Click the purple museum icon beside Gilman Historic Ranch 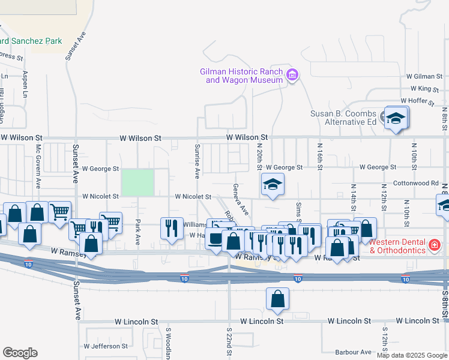click(293, 75)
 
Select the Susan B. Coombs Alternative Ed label click(343, 118)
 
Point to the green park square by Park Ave click(137, 182)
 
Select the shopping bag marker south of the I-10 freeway click(277, 299)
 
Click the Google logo click(20, 353)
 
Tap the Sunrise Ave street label click(197, 161)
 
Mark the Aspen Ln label click(25, 85)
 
